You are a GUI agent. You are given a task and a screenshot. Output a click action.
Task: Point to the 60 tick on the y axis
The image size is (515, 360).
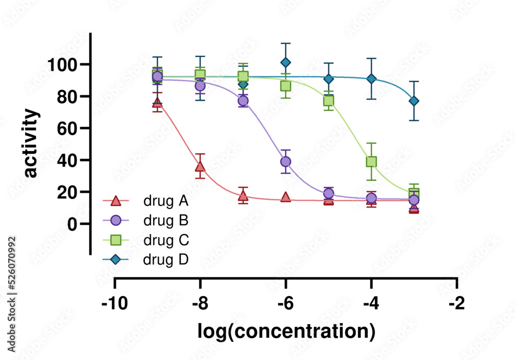point(67,128)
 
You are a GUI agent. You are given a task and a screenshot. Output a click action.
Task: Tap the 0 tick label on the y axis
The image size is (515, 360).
point(72,224)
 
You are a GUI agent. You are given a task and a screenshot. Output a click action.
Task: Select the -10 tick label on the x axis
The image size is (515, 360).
point(114,303)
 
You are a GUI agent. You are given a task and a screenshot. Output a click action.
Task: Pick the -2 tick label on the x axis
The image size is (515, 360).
point(456,303)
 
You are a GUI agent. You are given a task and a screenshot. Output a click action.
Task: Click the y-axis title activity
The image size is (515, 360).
point(31,143)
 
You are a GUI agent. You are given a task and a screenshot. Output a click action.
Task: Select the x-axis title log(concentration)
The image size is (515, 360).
point(286,331)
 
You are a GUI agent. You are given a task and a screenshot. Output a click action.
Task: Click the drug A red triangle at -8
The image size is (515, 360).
point(200,166)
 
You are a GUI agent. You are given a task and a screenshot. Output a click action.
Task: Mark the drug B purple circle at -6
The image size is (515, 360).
point(285,162)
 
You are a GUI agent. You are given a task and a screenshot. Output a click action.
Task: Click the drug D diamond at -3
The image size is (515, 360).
point(414,101)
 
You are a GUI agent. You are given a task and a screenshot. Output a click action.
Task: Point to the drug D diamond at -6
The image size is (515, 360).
point(285,63)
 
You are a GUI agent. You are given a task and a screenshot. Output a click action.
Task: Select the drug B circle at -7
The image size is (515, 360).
point(243,100)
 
